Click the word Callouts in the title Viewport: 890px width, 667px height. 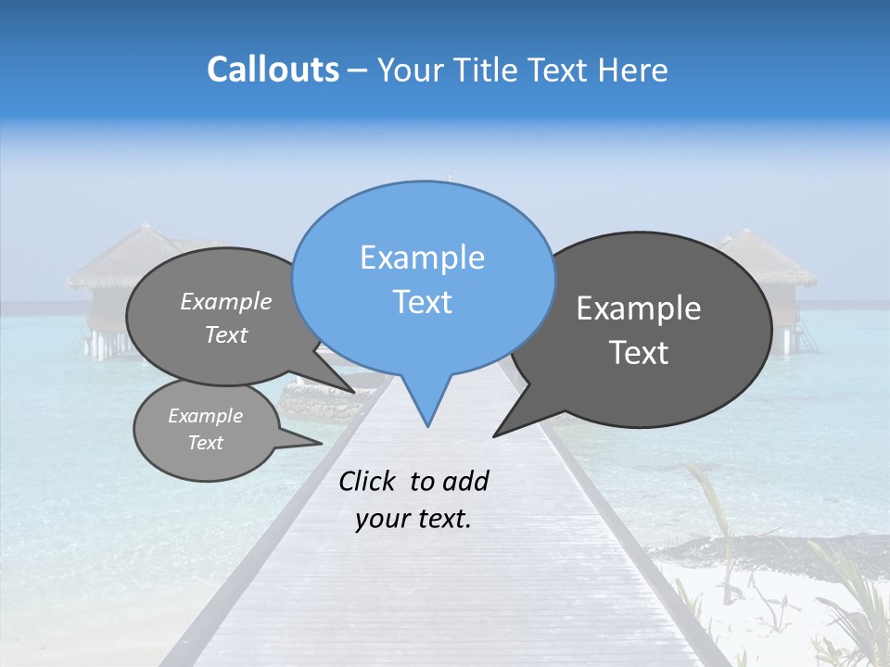pyautogui.click(x=273, y=69)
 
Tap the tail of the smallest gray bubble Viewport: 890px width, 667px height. pyautogui.click(x=311, y=443)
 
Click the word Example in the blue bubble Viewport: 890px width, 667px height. pyautogui.click(x=422, y=258)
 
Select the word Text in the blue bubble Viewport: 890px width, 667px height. pyautogui.click(x=422, y=302)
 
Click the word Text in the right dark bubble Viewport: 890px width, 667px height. pyautogui.click(x=640, y=353)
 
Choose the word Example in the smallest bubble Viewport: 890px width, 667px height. pyautogui.click(x=205, y=416)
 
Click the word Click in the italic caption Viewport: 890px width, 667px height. pyautogui.click(x=368, y=481)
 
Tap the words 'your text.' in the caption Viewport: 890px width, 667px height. pyautogui.click(x=413, y=519)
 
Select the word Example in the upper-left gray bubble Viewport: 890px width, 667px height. pyautogui.click(x=226, y=301)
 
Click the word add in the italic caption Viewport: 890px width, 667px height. pyautogui.click(x=465, y=481)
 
